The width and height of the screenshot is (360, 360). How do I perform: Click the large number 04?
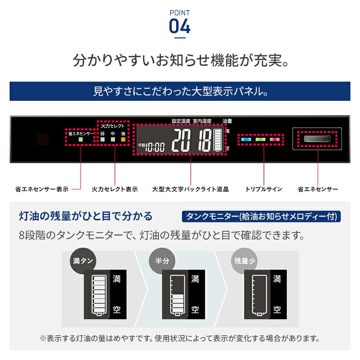[x=180, y=26]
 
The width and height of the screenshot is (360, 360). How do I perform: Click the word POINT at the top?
[x=180, y=12]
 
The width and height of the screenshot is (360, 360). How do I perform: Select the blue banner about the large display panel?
[x=180, y=91]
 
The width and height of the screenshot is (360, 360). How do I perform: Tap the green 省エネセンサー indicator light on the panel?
[x=81, y=140]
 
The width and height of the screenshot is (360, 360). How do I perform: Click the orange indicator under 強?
[x=123, y=140]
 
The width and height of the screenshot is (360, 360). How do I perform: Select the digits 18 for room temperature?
[x=204, y=141]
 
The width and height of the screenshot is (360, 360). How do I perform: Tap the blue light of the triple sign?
[x=246, y=140]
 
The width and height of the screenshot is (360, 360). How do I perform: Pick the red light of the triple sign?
[x=275, y=140]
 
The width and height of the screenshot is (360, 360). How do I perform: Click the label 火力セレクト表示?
[x=115, y=190]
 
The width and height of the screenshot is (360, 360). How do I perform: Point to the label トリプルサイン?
[x=264, y=190]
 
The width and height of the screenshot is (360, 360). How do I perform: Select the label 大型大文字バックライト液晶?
[x=190, y=190]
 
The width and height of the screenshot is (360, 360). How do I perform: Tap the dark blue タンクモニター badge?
[x=261, y=216]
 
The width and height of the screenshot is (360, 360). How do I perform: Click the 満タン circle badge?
[x=83, y=261]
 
